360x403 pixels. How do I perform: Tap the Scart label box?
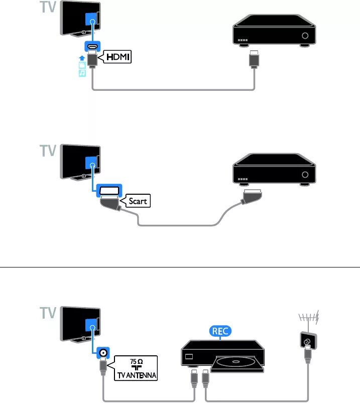tap(137, 201)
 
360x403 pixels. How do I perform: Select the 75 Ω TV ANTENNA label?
tap(136, 368)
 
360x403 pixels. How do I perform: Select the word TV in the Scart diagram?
tap(48, 151)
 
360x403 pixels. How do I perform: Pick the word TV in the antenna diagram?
tap(48, 314)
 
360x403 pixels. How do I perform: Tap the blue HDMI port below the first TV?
tap(92, 48)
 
